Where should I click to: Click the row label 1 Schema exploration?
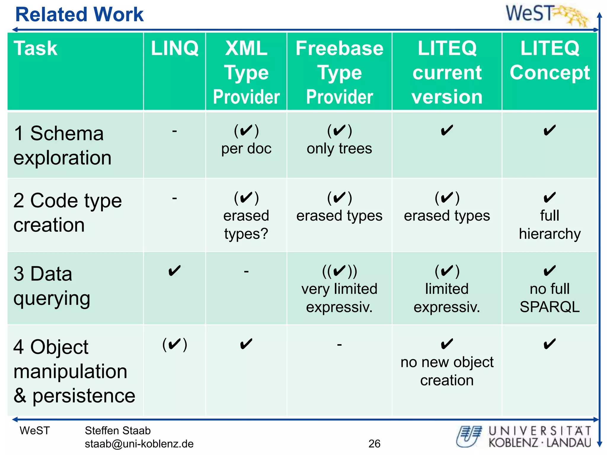[x=62, y=145]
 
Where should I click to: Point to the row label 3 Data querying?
[x=52, y=286]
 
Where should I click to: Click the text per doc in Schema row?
[x=246, y=149]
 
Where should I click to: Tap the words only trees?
[x=339, y=149]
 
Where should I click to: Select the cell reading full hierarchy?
[x=550, y=225]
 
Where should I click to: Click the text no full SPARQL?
[x=550, y=298]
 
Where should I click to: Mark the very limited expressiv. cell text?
[x=339, y=298]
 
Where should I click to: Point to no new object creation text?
[x=447, y=371]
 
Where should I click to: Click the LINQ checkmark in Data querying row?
[x=175, y=271]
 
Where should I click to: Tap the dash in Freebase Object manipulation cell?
[x=339, y=345]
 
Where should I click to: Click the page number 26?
[x=374, y=443]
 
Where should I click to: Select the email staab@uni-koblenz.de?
[x=139, y=444]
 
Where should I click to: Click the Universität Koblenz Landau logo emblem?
[x=469, y=436]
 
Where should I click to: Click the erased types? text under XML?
[x=246, y=225]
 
